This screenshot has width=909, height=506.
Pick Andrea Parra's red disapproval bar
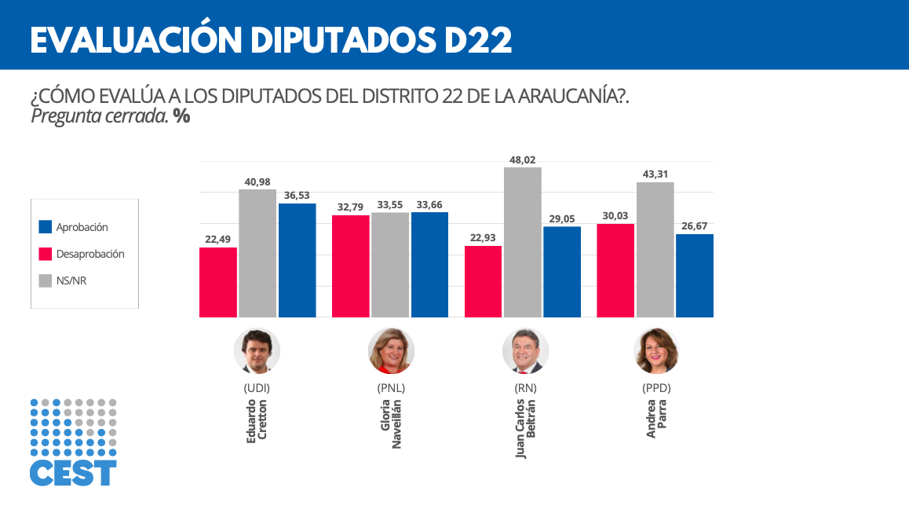[615, 270]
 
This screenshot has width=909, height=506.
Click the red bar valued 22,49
[218, 282]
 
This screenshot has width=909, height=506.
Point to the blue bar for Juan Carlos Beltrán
[562, 272]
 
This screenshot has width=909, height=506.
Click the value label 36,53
[298, 195]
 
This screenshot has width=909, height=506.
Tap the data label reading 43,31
[655, 174]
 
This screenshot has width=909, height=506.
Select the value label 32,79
[351, 207]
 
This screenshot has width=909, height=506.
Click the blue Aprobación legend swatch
[46, 227]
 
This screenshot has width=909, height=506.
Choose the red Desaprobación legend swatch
[46, 254]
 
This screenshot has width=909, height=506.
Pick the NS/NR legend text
[71, 280]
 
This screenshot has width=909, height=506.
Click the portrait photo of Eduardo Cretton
[257, 350]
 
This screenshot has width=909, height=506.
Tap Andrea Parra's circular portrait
[656, 350]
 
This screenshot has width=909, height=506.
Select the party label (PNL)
[391, 388]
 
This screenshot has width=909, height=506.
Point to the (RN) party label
[524, 388]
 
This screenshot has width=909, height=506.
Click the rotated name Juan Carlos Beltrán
[525, 429]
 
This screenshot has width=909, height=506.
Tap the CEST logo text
[73, 473]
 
